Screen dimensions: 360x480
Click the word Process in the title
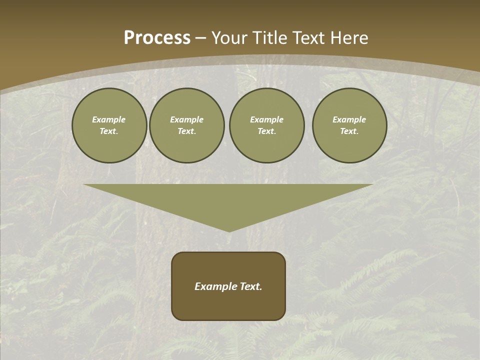[x=157, y=38]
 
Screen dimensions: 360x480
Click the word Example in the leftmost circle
[x=109, y=119]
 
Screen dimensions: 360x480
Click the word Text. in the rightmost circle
[x=349, y=131]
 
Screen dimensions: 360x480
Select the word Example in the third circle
[x=267, y=119]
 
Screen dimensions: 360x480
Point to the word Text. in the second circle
[x=187, y=131]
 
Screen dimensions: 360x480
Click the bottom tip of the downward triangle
[x=229, y=230]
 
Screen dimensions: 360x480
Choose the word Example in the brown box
[x=214, y=286]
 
